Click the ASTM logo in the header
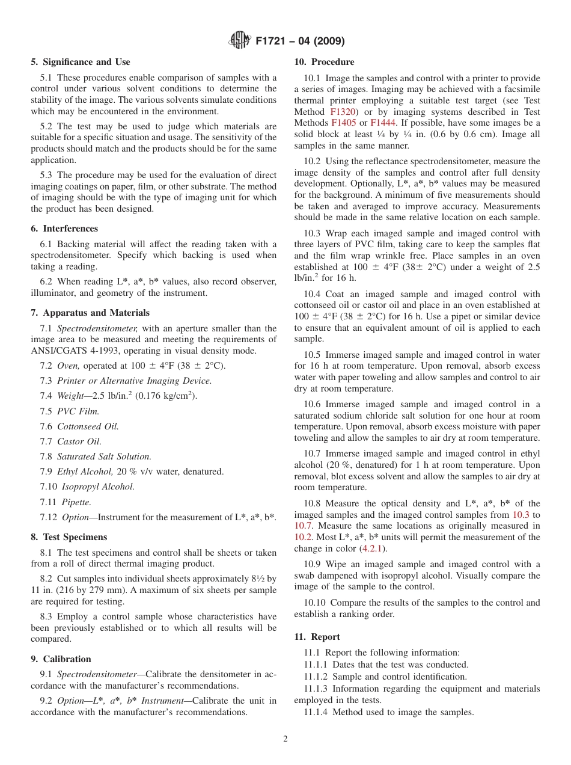[x=240, y=41]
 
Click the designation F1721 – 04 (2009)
[x=300, y=41]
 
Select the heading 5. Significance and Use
[x=81, y=62]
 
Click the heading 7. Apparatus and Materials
[x=90, y=313]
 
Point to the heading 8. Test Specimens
[x=69, y=537]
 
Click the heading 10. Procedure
[x=324, y=62]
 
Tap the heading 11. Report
[x=317, y=637]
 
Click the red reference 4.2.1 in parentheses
[x=373, y=548]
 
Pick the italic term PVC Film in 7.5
[x=78, y=411]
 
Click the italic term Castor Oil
[x=79, y=441]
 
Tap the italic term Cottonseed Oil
[x=88, y=426]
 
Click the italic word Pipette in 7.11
[x=76, y=502]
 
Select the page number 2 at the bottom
[x=285, y=739]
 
